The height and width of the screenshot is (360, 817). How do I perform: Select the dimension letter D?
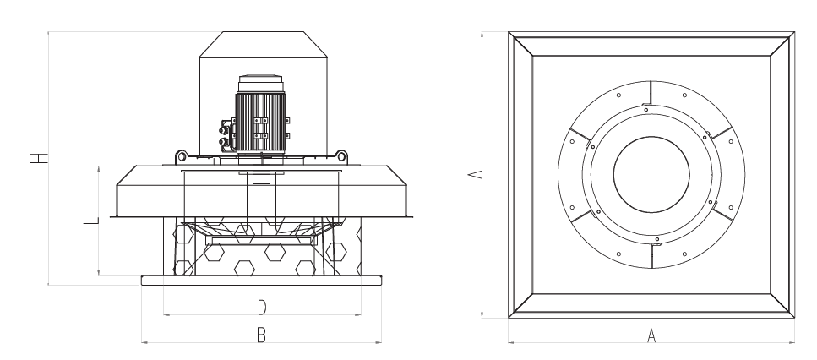(262, 304)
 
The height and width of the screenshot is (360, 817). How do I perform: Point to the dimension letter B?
(262, 335)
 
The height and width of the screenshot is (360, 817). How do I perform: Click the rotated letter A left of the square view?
(476, 174)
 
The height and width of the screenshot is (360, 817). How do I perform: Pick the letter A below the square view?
(651, 335)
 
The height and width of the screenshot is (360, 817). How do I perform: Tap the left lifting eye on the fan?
(180, 155)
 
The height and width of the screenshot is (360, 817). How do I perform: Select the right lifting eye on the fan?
(341, 155)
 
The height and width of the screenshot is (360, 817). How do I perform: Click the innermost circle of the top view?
(651, 175)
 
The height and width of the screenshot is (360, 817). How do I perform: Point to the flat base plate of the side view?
(262, 280)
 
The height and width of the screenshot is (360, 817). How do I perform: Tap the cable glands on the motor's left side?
(225, 134)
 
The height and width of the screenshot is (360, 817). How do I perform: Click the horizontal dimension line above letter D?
(262, 314)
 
